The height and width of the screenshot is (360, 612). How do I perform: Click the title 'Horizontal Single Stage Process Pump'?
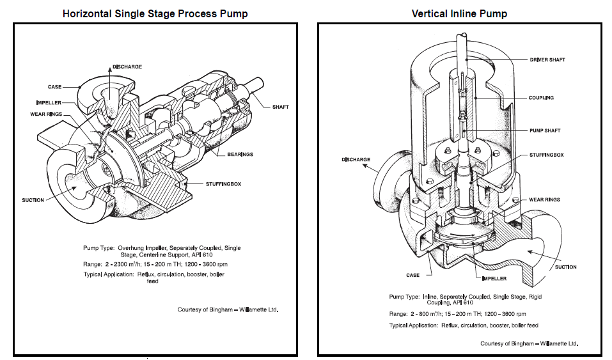155,13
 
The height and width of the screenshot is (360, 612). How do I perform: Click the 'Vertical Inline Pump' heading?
459,13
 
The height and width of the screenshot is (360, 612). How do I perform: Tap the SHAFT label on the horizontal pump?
280,107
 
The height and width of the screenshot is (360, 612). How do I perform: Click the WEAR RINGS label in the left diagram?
48,114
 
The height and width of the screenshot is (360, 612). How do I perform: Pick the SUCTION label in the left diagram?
33,200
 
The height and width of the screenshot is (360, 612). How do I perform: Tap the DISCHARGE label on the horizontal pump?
127,67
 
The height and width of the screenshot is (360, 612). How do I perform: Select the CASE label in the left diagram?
55,87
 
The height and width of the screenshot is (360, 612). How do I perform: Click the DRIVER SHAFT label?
547,59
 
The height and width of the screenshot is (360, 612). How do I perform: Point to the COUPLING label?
541,98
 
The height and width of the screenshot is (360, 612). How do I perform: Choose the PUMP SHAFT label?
544,130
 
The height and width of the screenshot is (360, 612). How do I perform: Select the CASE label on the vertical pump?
412,275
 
